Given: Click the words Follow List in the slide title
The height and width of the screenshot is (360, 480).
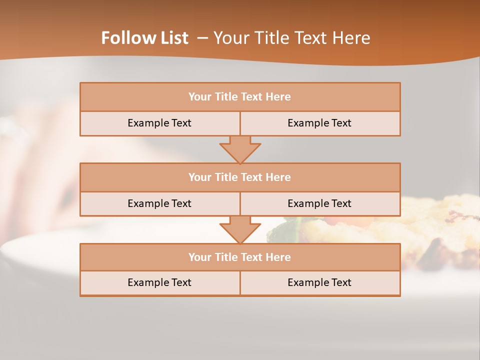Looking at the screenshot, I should (x=144, y=38).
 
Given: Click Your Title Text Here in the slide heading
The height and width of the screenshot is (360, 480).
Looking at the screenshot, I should (x=291, y=38).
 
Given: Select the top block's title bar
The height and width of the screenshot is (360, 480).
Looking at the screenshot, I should (x=240, y=97).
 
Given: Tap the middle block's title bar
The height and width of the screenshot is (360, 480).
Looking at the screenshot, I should (x=240, y=177).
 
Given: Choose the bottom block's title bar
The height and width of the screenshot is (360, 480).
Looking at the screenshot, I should (x=240, y=257).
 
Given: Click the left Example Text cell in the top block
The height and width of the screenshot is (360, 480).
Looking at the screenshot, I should (x=159, y=123).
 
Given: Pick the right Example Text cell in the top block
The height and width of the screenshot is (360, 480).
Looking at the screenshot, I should (x=319, y=123).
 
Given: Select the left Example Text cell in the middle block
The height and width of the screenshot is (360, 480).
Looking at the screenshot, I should (x=159, y=203).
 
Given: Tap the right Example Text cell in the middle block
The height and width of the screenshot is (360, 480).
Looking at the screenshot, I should (x=319, y=203).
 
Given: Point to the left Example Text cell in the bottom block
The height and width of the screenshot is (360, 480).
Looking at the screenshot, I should (x=159, y=283).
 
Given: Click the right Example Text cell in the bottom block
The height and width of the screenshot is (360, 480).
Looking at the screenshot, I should (x=319, y=283).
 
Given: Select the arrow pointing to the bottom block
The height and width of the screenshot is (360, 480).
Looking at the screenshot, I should (x=240, y=229).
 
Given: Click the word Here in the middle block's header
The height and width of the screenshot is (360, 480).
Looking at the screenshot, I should (x=278, y=177).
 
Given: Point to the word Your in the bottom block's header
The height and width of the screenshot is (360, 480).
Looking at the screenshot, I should (x=200, y=257).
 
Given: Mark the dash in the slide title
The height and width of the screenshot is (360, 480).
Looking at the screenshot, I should (x=202, y=38).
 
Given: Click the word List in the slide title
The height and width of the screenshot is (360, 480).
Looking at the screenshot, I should (x=172, y=38).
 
